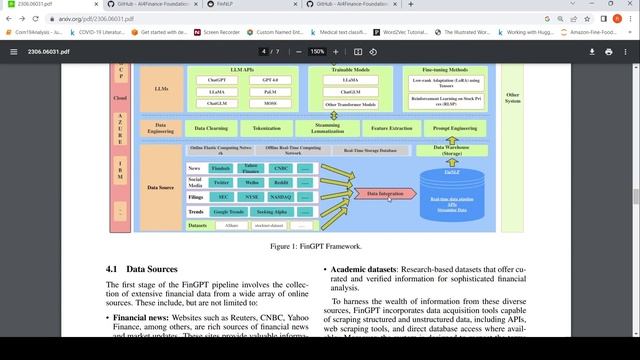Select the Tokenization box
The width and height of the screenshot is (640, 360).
click(x=267, y=128)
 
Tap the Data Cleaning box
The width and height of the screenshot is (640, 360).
click(x=211, y=128)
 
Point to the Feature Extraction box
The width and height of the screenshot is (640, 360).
click(x=391, y=128)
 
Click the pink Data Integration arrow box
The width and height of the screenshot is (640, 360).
click(x=385, y=193)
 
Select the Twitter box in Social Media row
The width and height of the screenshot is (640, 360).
click(x=221, y=183)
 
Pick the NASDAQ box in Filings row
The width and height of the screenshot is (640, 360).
click(x=281, y=198)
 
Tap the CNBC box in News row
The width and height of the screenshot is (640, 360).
click(x=281, y=168)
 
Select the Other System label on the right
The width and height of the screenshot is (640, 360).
click(x=513, y=98)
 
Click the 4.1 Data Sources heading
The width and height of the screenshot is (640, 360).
click(x=141, y=269)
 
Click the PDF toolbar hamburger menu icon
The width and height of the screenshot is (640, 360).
click(x=14, y=51)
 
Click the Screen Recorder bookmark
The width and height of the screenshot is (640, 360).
click(x=225, y=33)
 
